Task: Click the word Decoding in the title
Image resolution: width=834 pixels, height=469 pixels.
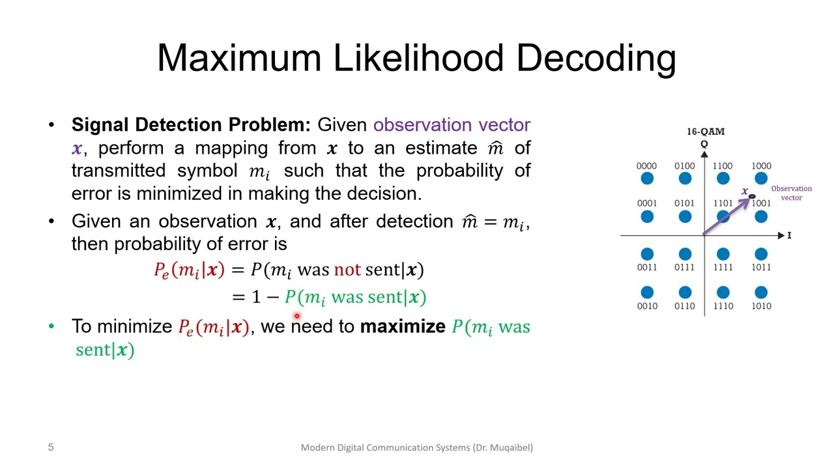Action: (596, 58)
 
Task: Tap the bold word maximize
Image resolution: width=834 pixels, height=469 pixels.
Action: (403, 326)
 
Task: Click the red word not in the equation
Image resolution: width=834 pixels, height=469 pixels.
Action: (347, 270)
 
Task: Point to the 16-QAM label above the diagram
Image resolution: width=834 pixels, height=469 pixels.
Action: (705, 132)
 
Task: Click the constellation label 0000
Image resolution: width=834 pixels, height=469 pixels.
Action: (646, 166)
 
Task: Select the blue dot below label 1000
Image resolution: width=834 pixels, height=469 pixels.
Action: (761, 178)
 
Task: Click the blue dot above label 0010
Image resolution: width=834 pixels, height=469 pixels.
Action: (647, 292)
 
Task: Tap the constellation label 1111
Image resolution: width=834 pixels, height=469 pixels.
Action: (723, 267)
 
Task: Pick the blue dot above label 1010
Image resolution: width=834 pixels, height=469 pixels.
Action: (761, 292)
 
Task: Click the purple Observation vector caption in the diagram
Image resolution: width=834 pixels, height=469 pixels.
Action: (791, 193)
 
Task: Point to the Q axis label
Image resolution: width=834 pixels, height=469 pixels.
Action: (704, 144)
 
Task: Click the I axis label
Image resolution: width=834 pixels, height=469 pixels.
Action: (789, 235)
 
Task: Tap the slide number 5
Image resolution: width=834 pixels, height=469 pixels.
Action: (51, 448)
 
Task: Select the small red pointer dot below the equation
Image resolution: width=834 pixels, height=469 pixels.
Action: (296, 317)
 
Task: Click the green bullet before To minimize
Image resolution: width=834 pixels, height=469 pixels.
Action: (51, 326)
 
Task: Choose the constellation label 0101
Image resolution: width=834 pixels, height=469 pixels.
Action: (684, 203)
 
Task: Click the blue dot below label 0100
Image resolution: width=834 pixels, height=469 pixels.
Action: (685, 178)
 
